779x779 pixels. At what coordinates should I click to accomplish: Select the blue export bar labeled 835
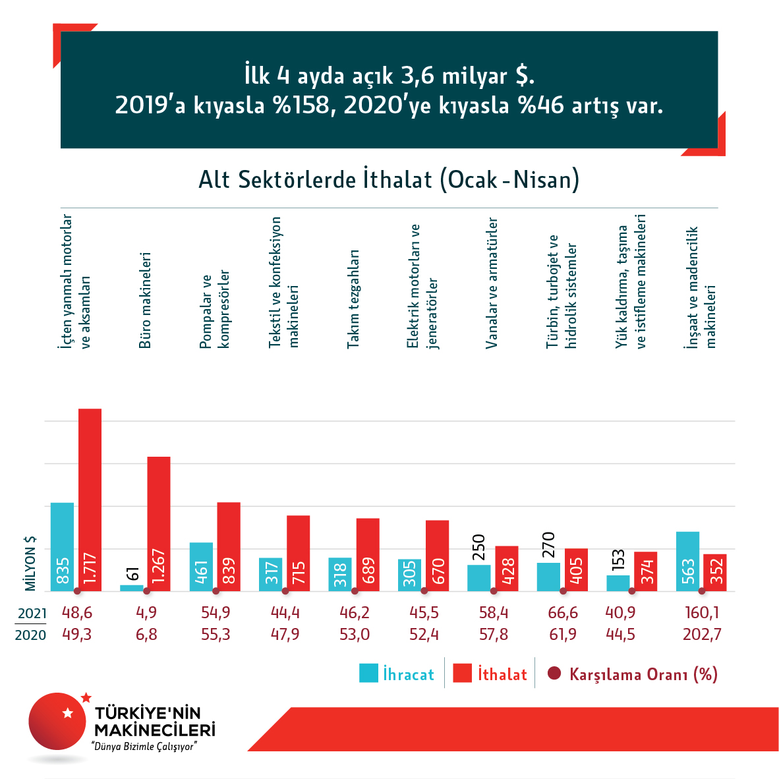pyautogui.click(x=62, y=546)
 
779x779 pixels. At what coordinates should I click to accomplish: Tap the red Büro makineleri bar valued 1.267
pyautogui.click(x=158, y=524)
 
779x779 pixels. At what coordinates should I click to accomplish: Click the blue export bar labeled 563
pyautogui.click(x=687, y=561)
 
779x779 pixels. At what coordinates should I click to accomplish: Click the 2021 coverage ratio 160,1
pyautogui.click(x=702, y=613)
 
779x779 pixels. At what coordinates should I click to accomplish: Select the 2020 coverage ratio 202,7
pyautogui.click(x=702, y=635)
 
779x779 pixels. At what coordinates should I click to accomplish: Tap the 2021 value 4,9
pyautogui.click(x=146, y=613)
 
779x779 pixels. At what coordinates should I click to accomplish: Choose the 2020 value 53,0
pyautogui.click(x=355, y=635)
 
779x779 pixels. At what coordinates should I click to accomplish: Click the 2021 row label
pyautogui.click(x=32, y=614)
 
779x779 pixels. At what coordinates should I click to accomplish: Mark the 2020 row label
pyautogui.click(x=31, y=635)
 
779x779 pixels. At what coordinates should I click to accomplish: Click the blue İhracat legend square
pyautogui.click(x=368, y=673)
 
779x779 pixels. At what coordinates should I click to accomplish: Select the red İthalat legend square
pyautogui.click(x=463, y=673)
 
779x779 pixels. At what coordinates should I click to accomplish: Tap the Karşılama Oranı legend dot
pyautogui.click(x=554, y=673)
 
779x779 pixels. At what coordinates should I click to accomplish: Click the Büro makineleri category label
pyautogui.click(x=146, y=299)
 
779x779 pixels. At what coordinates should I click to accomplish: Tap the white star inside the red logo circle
pyautogui.click(x=67, y=712)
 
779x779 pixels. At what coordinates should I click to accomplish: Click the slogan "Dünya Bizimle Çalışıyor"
pyautogui.click(x=145, y=746)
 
